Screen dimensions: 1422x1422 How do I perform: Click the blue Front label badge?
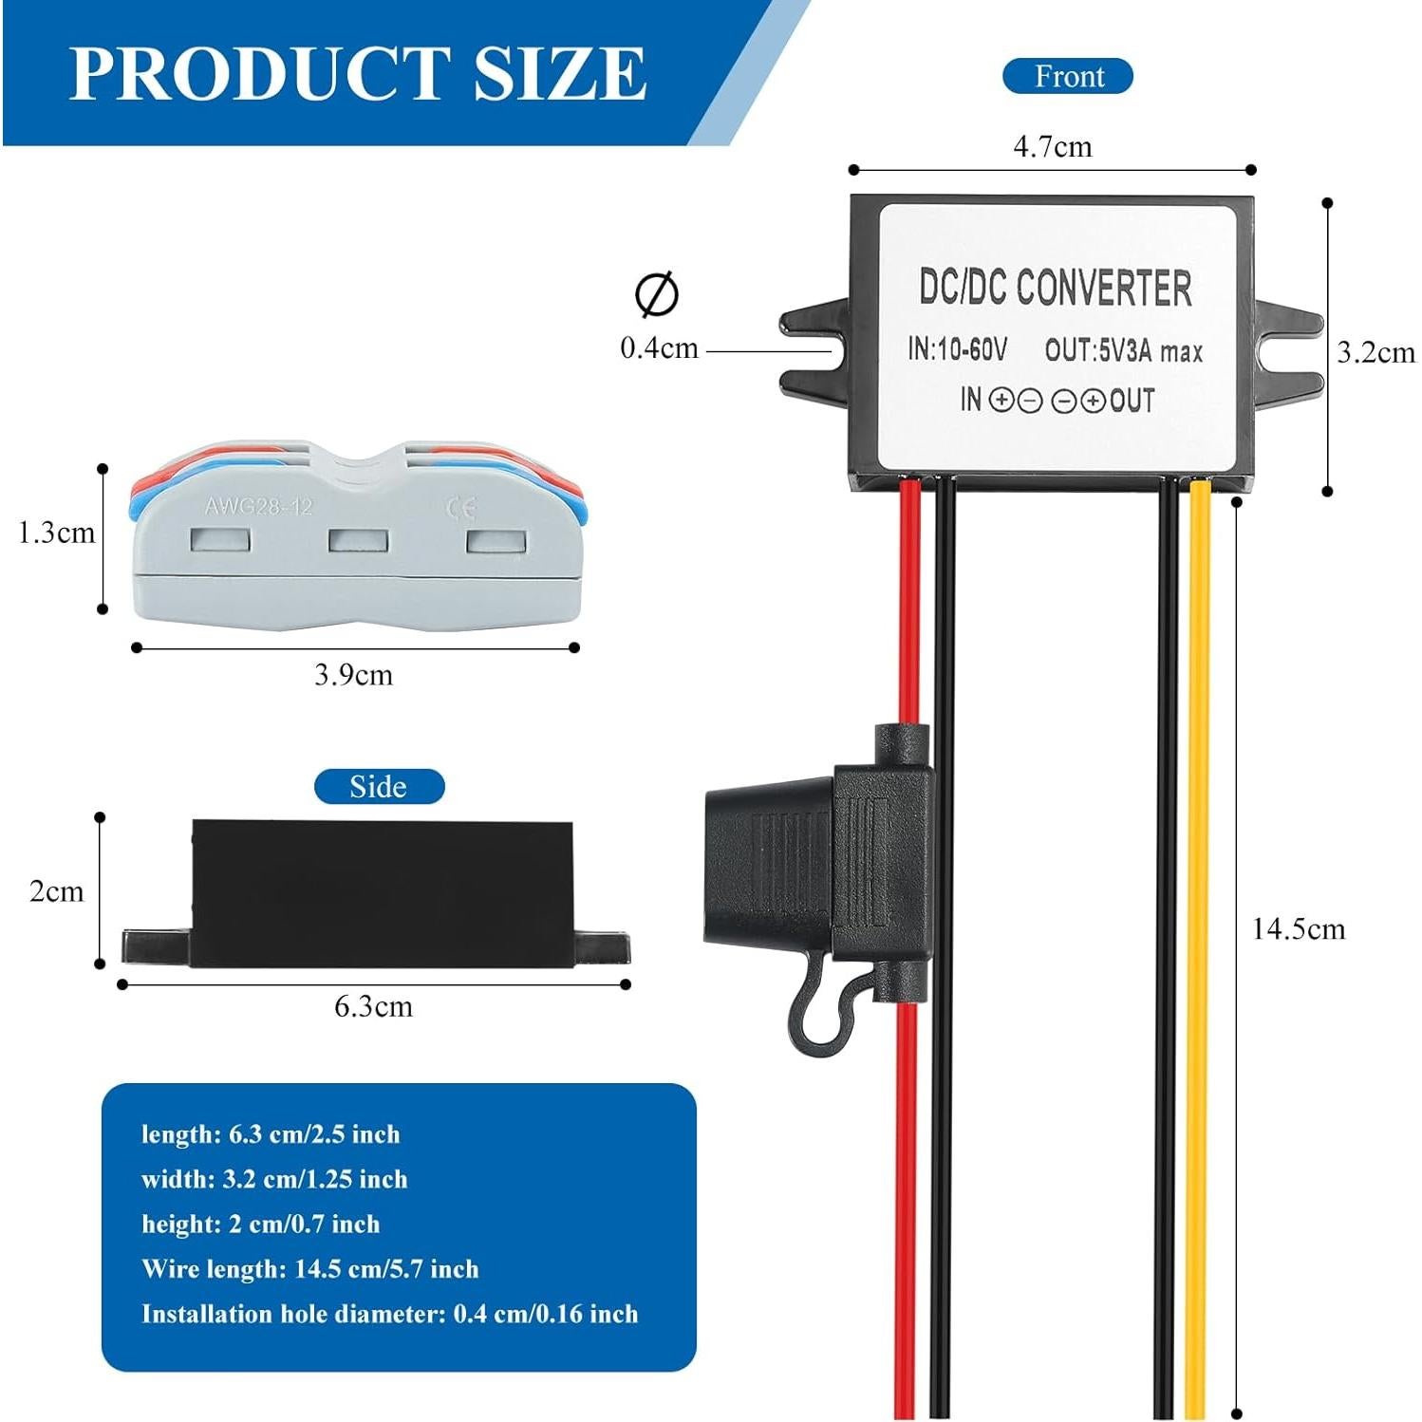(x=1068, y=76)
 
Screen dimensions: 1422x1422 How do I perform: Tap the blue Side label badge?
(x=379, y=786)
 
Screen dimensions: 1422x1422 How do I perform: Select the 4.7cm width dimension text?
(x=1052, y=147)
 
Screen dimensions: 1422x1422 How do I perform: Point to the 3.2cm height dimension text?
(x=1375, y=352)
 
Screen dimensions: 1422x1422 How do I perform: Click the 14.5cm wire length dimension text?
(x=1298, y=928)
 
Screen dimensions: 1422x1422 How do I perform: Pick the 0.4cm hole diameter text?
(x=659, y=347)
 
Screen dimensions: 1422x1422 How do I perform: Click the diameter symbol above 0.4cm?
(x=657, y=294)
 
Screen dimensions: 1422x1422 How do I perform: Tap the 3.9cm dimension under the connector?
(x=353, y=675)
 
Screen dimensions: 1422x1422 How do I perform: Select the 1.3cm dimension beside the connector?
(x=57, y=533)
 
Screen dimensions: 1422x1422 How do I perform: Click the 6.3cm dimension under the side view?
(x=373, y=1006)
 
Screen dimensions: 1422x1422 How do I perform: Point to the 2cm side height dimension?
(x=56, y=890)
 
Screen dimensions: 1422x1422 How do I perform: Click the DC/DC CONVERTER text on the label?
(x=1055, y=288)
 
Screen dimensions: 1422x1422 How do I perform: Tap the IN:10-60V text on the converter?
(x=956, y=349)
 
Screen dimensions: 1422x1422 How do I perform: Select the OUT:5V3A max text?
(x=1123, y=351)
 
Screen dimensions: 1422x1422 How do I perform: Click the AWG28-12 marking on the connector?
(x=258, y=506)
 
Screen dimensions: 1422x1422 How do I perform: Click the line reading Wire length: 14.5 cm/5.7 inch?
(x=309, y=1269)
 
